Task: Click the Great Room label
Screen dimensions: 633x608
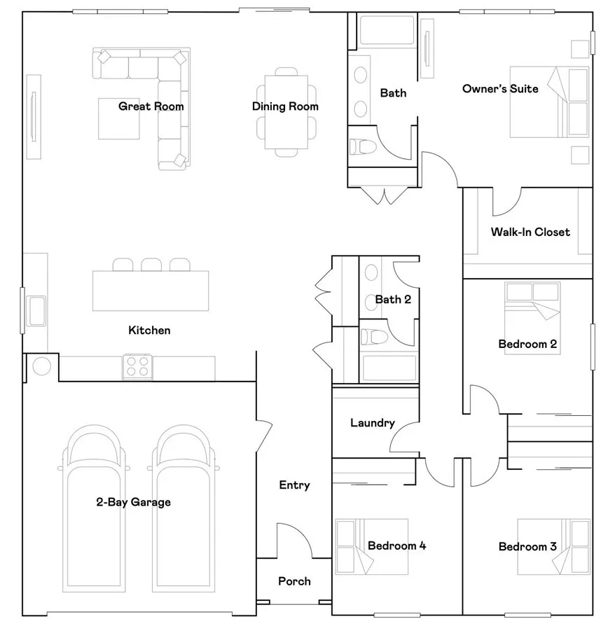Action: tap(151, 106)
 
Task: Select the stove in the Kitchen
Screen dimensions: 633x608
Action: tap(137, 366)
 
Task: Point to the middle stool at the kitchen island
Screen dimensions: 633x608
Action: tap(151, 265)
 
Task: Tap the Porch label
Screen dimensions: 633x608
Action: tap(294, 581)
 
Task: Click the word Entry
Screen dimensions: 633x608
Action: tap(294, 485)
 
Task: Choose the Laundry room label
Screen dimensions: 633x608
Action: tap(373, 423)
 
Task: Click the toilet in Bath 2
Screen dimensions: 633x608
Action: tap(373, 337)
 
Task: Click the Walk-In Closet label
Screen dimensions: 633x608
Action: tap(530, 232)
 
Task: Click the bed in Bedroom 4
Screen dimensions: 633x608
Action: tap(371, 546)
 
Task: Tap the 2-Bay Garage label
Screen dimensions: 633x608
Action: tap(133, 502)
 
